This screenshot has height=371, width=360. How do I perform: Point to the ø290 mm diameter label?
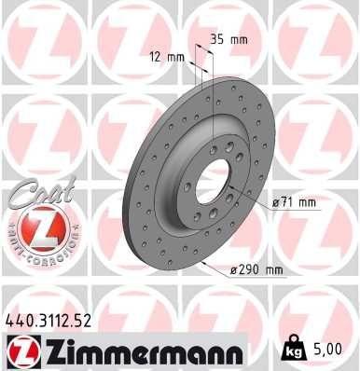(x=256, y=270)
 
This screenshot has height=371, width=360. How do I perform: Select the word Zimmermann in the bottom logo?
(x=140, y=353)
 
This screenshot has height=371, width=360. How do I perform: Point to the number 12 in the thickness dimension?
(x=155, y=58)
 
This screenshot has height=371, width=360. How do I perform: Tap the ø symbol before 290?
(x=234, y=270)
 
